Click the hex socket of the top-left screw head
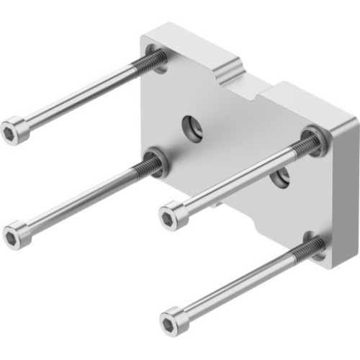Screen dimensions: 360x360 coord(11,131)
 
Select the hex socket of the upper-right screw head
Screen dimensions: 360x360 coord(168,215)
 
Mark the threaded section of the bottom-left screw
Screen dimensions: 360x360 coord(144,168)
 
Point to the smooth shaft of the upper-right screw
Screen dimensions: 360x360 coord(238,180)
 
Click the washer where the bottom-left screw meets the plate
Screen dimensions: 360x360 coord(157,161)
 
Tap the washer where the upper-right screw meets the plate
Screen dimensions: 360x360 coord(315,141)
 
